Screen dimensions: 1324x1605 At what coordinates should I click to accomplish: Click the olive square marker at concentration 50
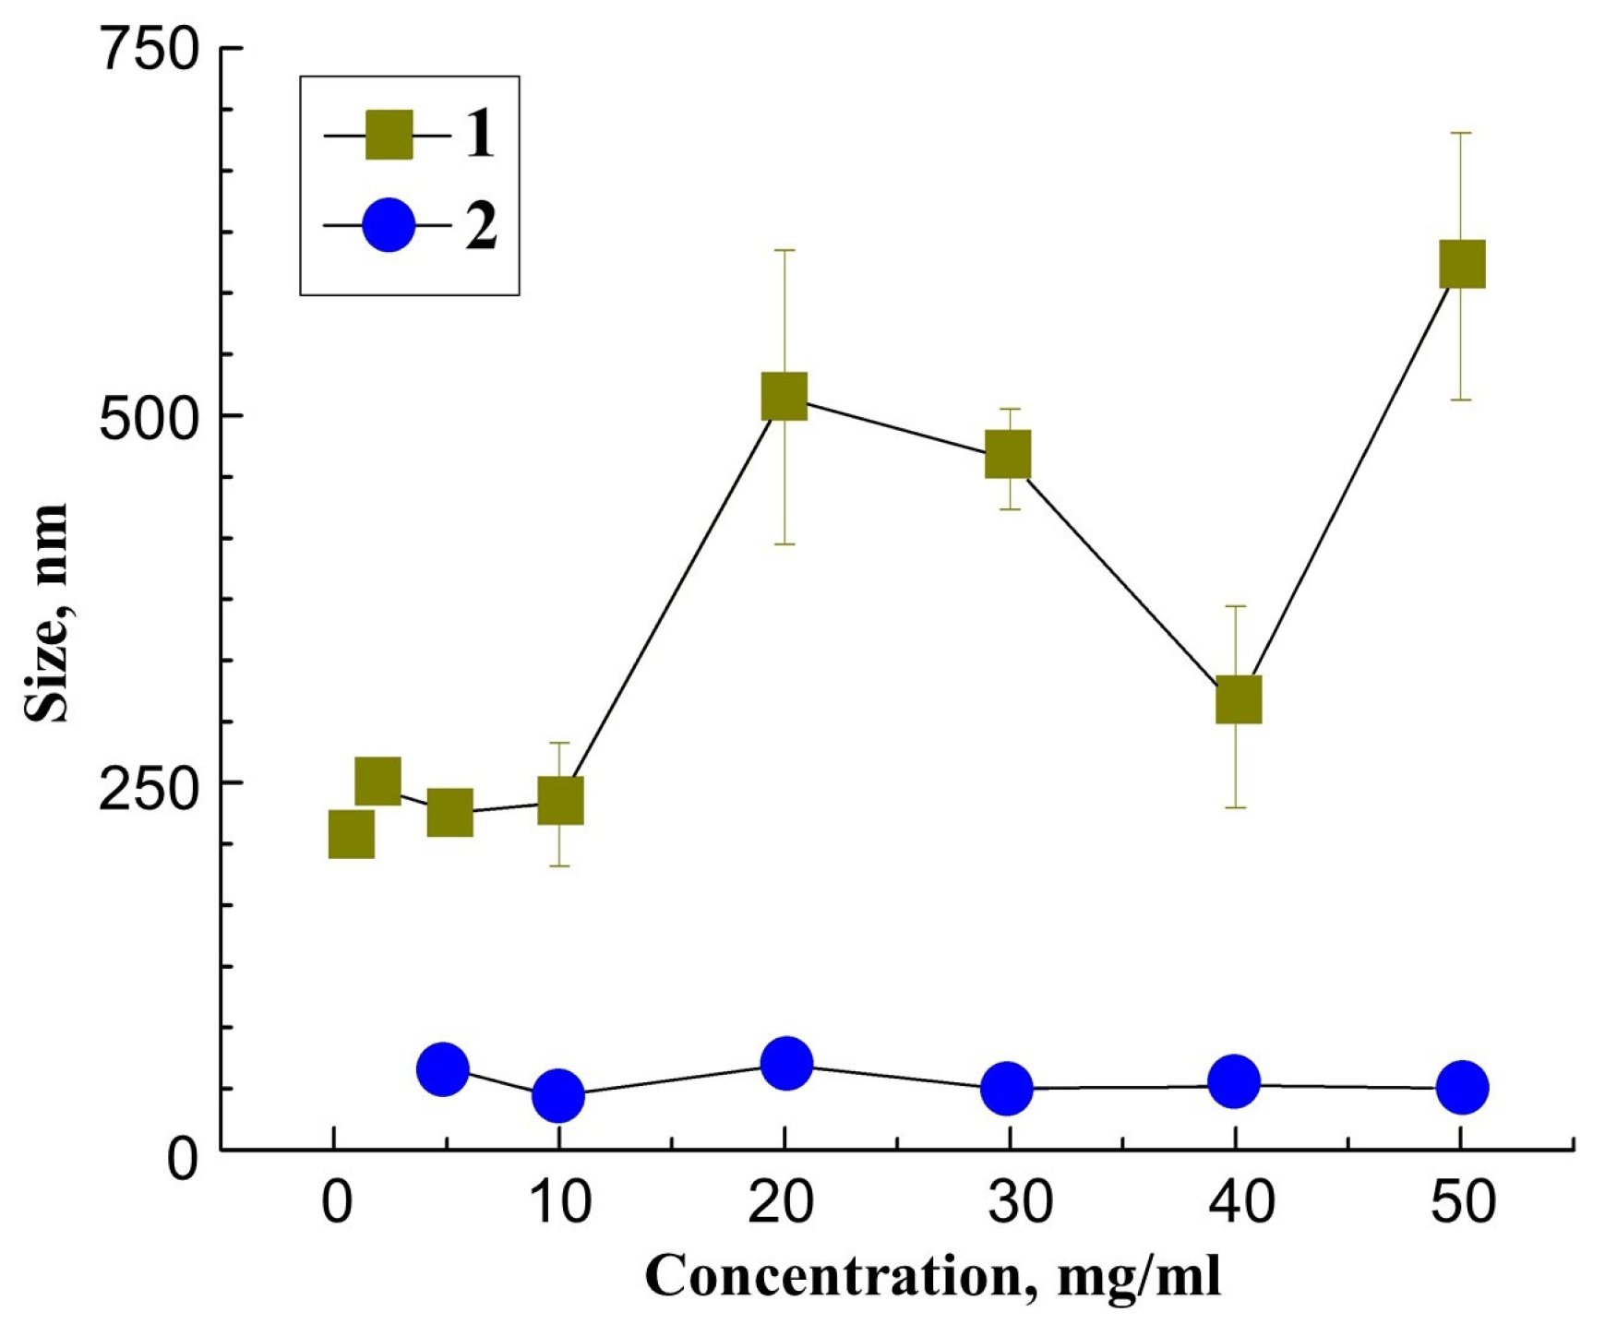[1462, 264]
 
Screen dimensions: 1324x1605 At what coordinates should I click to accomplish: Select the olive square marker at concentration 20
[785, 396]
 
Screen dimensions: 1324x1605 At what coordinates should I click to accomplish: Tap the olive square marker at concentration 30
[1008, 454]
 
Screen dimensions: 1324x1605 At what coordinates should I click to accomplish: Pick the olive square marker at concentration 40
[1239, 699]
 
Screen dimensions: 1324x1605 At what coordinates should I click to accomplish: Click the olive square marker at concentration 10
[560, 800]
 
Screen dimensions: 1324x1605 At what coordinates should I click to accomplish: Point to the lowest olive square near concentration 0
[351, 834]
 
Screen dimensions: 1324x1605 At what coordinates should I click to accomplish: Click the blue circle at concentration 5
[443, 1069]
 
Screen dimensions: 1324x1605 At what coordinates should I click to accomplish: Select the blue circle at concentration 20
[786, 1063]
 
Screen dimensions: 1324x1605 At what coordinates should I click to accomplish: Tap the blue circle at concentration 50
[1463, 1087]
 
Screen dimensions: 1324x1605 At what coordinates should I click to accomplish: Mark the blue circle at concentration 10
[558, 1096]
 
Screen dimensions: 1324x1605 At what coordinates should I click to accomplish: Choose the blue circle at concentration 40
[1234, 1080]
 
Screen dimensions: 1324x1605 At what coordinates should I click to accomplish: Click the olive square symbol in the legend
[389, 135]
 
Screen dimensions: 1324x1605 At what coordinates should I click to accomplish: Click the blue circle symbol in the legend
[389, 224]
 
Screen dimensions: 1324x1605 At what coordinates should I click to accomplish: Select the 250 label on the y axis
[150, 788]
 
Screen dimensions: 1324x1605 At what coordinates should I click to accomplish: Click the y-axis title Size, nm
[46, 614]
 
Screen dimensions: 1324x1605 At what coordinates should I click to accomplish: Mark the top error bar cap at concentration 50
[1462, 133]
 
